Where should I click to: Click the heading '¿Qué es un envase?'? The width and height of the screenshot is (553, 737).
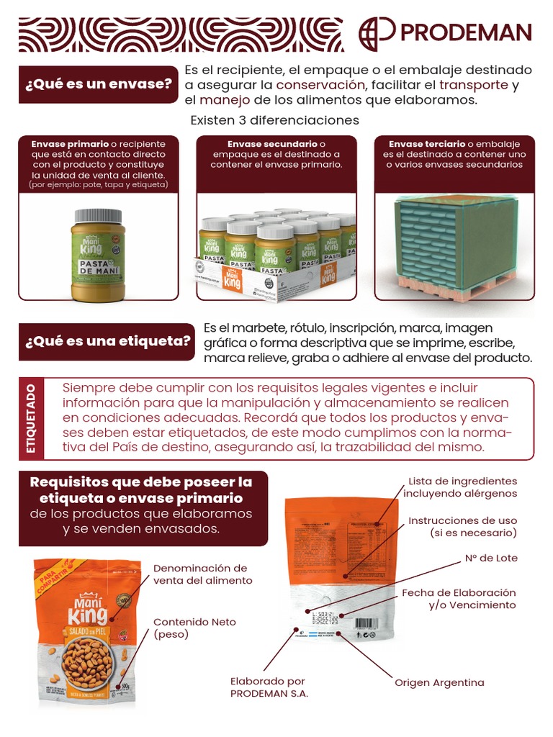click(x=99, y=84)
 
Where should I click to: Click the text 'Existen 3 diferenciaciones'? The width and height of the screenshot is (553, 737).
click(x=274, y=119)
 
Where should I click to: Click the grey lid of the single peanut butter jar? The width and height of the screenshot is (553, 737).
click(x=98, y=215)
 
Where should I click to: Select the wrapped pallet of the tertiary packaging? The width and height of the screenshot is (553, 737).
click(x=455, y=245)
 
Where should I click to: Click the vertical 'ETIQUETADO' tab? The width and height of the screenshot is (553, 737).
click(x=31, y=418)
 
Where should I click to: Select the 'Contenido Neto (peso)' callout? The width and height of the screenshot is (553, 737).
click(x=194, y=628)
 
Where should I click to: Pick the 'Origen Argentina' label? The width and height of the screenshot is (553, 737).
click(x=439, y=682)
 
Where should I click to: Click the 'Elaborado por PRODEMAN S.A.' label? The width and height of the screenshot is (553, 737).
click(x=269, y=687)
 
